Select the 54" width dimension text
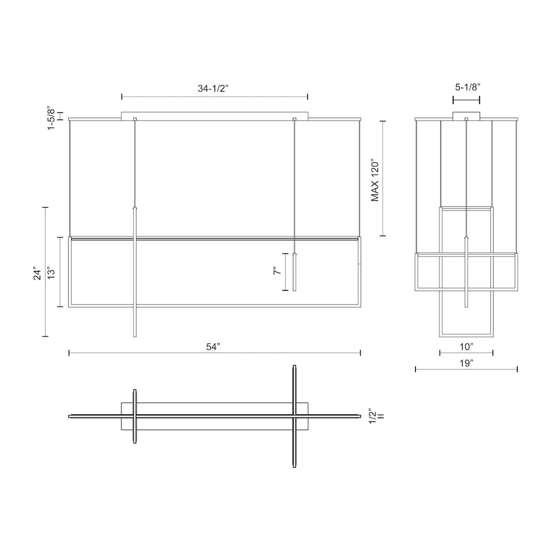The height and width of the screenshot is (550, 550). (213, 347)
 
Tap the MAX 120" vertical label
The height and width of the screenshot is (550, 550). (375, 180)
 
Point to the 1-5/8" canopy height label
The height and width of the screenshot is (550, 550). (51, 118)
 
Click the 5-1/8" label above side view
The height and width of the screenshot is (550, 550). (467, 87)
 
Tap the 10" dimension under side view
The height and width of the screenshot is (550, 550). (466, 347)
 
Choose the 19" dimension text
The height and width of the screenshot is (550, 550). (466, 363)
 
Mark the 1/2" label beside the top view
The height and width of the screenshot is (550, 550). (372, 416)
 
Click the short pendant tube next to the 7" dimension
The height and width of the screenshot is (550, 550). (294, 272)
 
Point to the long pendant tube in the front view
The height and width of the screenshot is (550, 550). (135, 272)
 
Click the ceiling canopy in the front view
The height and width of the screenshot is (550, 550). (214, 116)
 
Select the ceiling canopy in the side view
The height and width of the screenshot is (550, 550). (466, 116)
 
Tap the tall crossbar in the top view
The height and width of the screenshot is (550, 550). (294, 417)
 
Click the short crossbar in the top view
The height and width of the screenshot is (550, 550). (135, 416)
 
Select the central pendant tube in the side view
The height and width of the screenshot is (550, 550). (466, 272)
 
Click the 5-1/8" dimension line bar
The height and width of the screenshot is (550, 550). (466, 100)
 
